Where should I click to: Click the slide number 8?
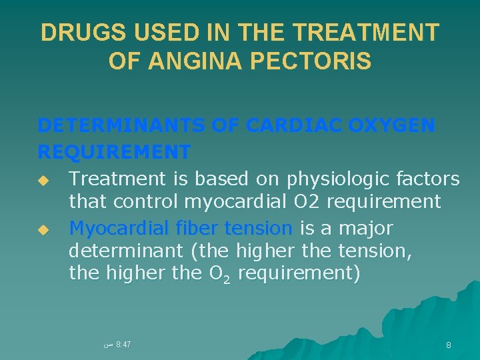click(x=449, y=345)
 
